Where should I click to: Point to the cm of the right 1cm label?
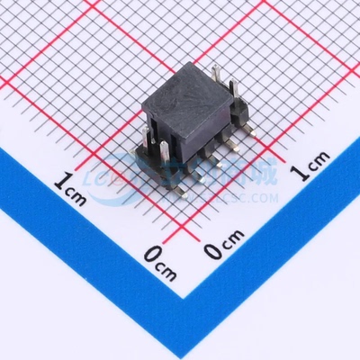pyautogui.click(x=317, y=164)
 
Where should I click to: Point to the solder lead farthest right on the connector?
pyautogui.click(x=249, y=135)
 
